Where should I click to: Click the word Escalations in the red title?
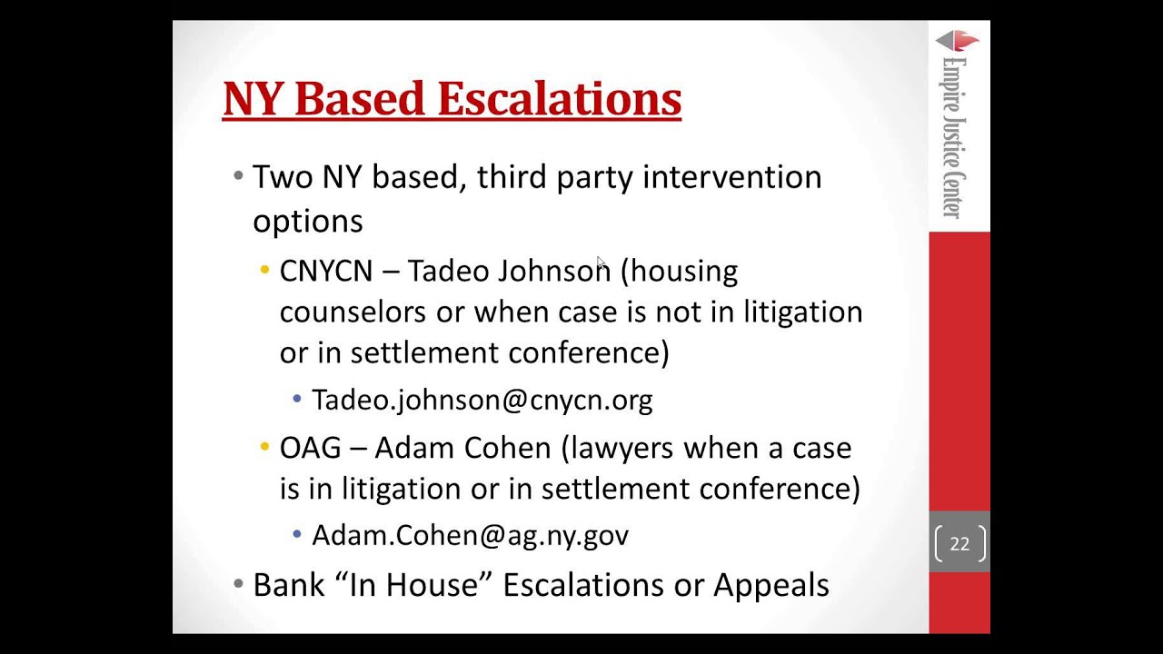pyautogui.click(x=559, y=99)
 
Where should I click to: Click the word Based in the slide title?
pyautogui.click(x=363, y=99)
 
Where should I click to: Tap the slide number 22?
pyautogui.click(x=959, y=544)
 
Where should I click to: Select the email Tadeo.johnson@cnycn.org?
pyautogui.click(x=482, y=401)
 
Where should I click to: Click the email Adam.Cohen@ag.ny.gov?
pyautogui.click(x=470, y=536)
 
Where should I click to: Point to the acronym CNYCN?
pyautogui.click(x=325, y=271)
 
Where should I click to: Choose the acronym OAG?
pyautogui.click(x=310, y=448)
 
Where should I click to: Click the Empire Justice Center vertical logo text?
pyautogui.click(x=953, y=136)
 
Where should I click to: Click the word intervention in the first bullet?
pyautogui.click(x=731, y=177)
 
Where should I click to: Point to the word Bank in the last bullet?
pyautogui.click(x=288, y=585)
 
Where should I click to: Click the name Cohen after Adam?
pyautogui.click(x=507, y=448)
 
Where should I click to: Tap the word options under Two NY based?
pyautogui.click(x=307, y=222)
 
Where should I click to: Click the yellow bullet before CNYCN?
pyautogui.click(x=264, y=270)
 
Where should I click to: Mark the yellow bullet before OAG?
pyautogui.click(x=264, y=447)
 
